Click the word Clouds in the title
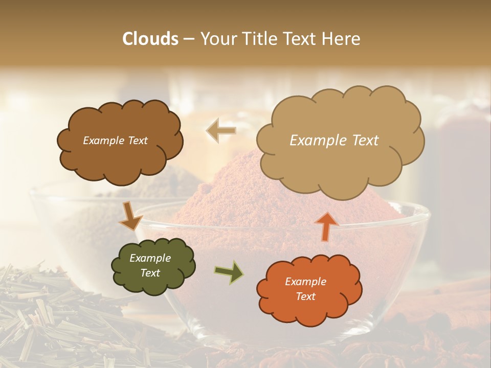coord(150,39)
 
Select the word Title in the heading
coord(258,39)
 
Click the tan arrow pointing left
coord(221,131)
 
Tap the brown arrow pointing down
coord(131,217)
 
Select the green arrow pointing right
coord(229,272)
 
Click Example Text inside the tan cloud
coord(334,141)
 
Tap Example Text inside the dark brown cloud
coord(115,141)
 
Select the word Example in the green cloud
coord(150,258)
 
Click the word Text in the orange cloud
coord(305,296)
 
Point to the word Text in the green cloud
coord(150,273)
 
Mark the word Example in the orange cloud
coord(305,282)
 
